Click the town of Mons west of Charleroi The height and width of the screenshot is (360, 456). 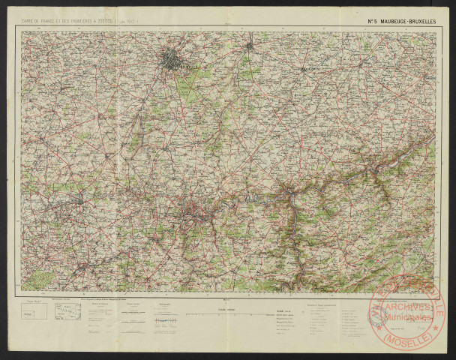click(80, 200)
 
